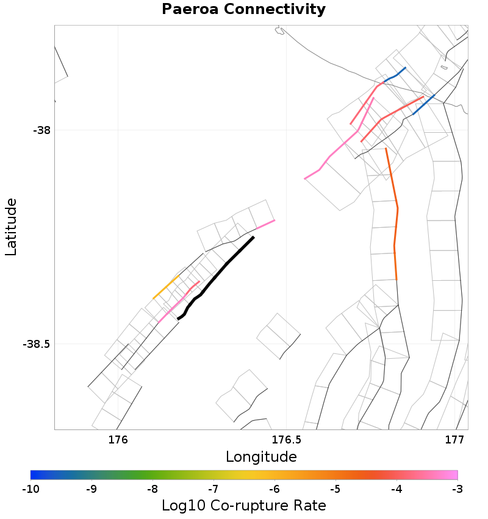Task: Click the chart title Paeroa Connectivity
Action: click(243, 10)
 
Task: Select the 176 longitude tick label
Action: click(117, 439)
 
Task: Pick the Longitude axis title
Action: click(261, 457)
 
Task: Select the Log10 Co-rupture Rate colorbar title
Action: click(243, 506)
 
